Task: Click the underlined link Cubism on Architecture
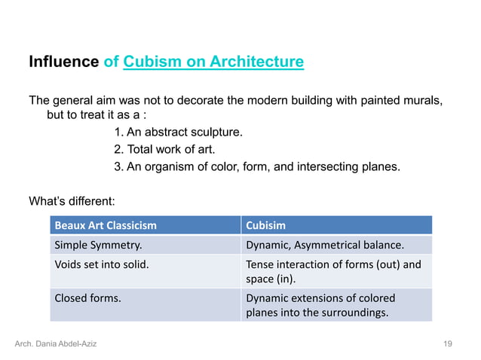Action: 213,62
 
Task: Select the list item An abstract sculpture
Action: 178,133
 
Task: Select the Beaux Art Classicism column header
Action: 106,225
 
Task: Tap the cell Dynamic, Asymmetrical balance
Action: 325,245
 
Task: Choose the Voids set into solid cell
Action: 101,264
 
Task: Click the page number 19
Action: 448,344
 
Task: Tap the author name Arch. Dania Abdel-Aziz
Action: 56,344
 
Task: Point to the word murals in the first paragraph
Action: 422,100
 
